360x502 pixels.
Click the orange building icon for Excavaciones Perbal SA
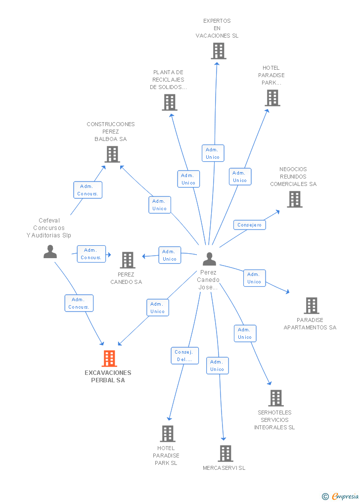coord(109,358)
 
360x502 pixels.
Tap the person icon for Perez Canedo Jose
coord(209,259)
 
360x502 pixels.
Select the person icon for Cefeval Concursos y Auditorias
coord(50,252)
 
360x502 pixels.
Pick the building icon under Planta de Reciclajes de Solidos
coord(170,102)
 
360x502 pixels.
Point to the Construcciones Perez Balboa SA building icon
coord(112,154)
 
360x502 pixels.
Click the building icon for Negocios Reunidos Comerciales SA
coord(295,199)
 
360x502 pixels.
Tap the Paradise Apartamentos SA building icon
coord(312,306)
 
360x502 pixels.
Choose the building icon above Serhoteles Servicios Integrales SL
coord(276,398)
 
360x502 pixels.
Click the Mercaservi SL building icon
coord(225,454)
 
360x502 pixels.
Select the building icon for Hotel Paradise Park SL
coord(168,433)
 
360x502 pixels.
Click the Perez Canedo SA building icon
coord(128,260)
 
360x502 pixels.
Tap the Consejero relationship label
coord(250,225)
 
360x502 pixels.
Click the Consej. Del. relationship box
coord(184,356)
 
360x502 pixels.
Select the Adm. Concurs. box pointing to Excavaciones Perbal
coord(79,303)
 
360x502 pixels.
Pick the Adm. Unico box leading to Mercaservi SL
coord(217,365)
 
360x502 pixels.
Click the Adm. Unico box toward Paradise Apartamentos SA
coord(254,278)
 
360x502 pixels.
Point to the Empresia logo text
coord(345,496)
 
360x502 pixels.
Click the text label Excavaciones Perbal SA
coord(108,376)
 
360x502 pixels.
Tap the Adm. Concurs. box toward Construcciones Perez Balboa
coord(88,190)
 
